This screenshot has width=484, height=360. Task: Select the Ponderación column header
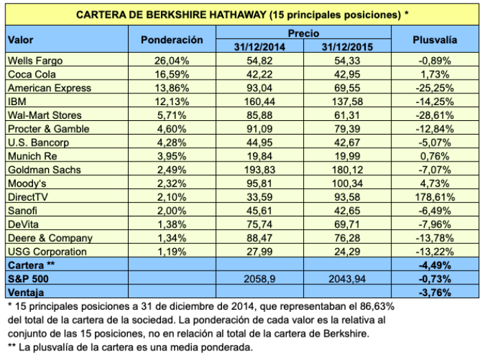point(172,40)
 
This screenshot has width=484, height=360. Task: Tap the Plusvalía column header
point(434,40)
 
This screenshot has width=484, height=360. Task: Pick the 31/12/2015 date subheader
point(346,47)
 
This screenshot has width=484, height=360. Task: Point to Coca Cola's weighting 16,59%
point(172,74)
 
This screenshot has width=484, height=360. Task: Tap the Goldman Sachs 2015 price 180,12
point(346,170)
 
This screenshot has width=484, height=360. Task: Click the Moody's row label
point(25,184)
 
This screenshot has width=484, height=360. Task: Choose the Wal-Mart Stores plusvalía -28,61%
point(434,115)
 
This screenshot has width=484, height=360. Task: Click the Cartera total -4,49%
point(434,265)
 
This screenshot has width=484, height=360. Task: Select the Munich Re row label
point(28,157)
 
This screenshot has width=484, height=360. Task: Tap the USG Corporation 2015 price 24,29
point(346,251)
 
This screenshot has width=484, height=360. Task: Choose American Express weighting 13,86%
point(172,89)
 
